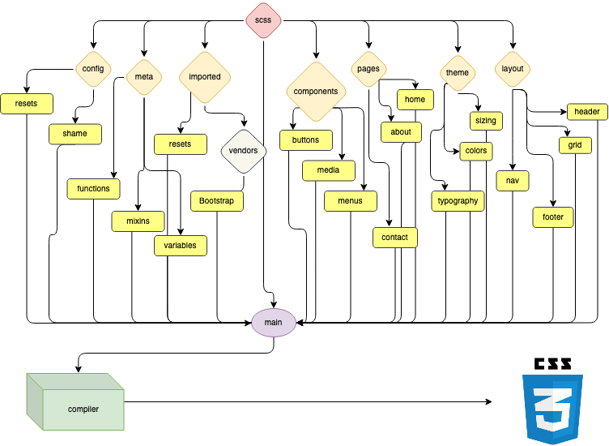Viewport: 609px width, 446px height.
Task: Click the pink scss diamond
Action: tap(263, 19)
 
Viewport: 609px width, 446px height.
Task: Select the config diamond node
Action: tap(93, 69)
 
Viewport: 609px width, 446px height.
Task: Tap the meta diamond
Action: tap(144, 77)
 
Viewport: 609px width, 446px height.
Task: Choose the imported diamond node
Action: tap(205, 77)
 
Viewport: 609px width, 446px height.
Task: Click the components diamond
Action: tap(316, 92)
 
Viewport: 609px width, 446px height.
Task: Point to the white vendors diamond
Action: tap(244, 151)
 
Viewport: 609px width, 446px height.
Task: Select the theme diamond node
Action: tap(458, 73)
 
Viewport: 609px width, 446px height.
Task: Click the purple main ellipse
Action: tap(274, 323)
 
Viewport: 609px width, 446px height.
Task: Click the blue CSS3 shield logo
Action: tap(552, 408)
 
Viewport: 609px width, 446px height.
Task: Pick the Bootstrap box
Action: tap(216, 201)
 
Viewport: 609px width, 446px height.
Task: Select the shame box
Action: tap(75, 134)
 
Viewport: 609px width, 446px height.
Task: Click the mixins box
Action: tap(138, 221)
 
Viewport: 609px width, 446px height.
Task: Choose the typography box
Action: tap(458, 201)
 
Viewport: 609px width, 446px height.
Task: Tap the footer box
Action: tap(553, 217)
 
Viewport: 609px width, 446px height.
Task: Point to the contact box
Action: tap(395, 237)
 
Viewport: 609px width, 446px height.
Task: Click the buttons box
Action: tap(306, 140)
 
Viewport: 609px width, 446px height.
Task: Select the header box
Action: tap(587, 112)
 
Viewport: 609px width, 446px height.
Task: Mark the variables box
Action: tap(181, 246)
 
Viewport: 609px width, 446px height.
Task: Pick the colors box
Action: tap(476, 151)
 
